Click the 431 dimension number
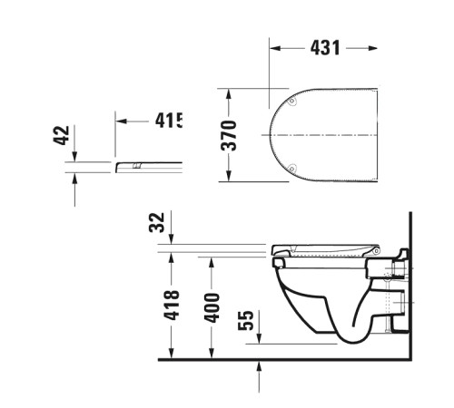(x=326, y=48)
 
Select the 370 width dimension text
(x=229, y=135)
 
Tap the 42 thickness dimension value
(x=62, y=136)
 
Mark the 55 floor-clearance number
(x=245, y=320)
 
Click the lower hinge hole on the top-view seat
(x=291, y=168)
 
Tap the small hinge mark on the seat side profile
(x=136, y=166)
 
